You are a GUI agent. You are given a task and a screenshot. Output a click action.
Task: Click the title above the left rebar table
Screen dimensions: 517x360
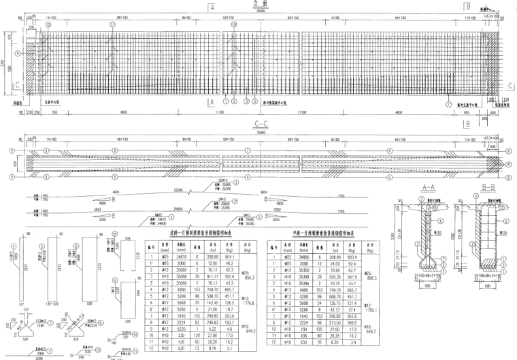pos(195,232)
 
